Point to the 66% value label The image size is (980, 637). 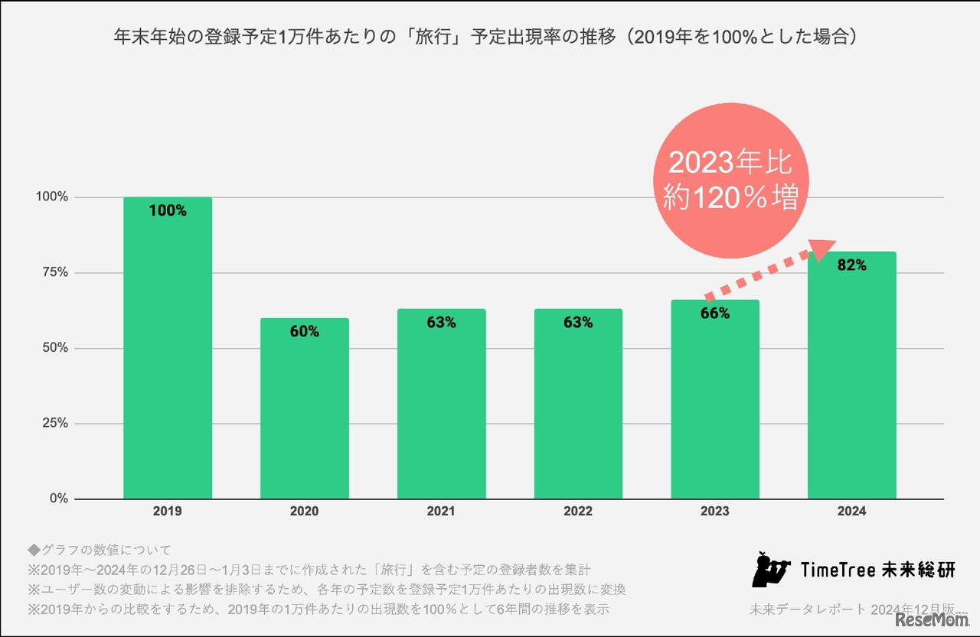pos(715,314)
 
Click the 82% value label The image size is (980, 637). pos(851,265)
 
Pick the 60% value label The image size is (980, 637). pos(304,332)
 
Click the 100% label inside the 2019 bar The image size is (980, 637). pos(168,211)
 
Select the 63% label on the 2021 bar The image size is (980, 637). pos(441,323)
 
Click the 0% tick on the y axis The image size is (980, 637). pos(58,499)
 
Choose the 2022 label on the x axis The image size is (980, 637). pos(578,512)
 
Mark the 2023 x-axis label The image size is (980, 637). pos(715,512)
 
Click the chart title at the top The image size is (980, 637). pos(484,37)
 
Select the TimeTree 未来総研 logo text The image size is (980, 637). pos(877,570)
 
